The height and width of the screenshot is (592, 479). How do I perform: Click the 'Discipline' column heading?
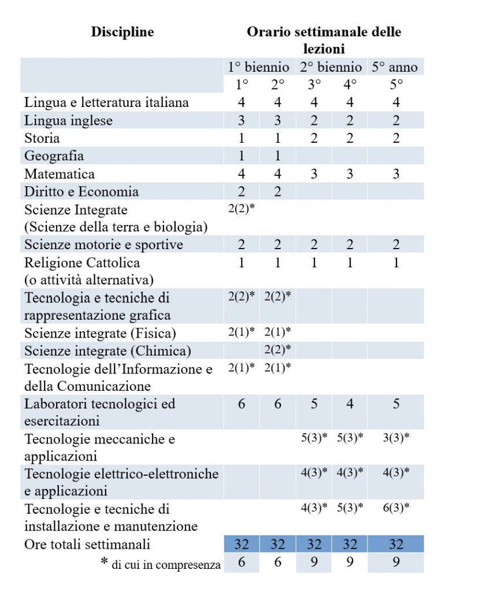[122, 32]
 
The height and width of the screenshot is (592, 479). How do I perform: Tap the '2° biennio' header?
[331, 66]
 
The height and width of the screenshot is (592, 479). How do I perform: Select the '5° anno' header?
[395, 66]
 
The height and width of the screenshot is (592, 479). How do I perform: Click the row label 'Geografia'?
[54, 156]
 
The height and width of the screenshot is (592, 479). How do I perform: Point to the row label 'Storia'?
[42, 138]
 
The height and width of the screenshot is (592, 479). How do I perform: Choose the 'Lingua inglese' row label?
[68, 120]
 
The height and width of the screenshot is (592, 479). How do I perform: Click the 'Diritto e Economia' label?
[81, 191]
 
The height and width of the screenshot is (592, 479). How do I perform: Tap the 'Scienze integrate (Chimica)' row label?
[107, 351]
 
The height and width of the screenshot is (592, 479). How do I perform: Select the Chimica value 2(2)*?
[277, 350]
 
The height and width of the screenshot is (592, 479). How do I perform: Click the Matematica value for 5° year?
[396, 174]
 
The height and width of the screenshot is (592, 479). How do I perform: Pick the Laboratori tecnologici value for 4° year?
[350, 404]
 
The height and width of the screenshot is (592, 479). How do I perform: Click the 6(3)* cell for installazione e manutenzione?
[396, 508]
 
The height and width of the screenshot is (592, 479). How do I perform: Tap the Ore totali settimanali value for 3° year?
[314, 544]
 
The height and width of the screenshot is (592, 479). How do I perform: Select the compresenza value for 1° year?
[242, 562]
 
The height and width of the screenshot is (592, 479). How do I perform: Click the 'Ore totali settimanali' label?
[87, 544]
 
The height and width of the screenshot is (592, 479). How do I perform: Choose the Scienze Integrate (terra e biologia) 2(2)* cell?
[242, 209]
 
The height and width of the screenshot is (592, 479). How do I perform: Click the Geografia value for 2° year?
[278, 156]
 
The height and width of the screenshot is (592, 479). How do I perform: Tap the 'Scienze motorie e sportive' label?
[103, 245]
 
